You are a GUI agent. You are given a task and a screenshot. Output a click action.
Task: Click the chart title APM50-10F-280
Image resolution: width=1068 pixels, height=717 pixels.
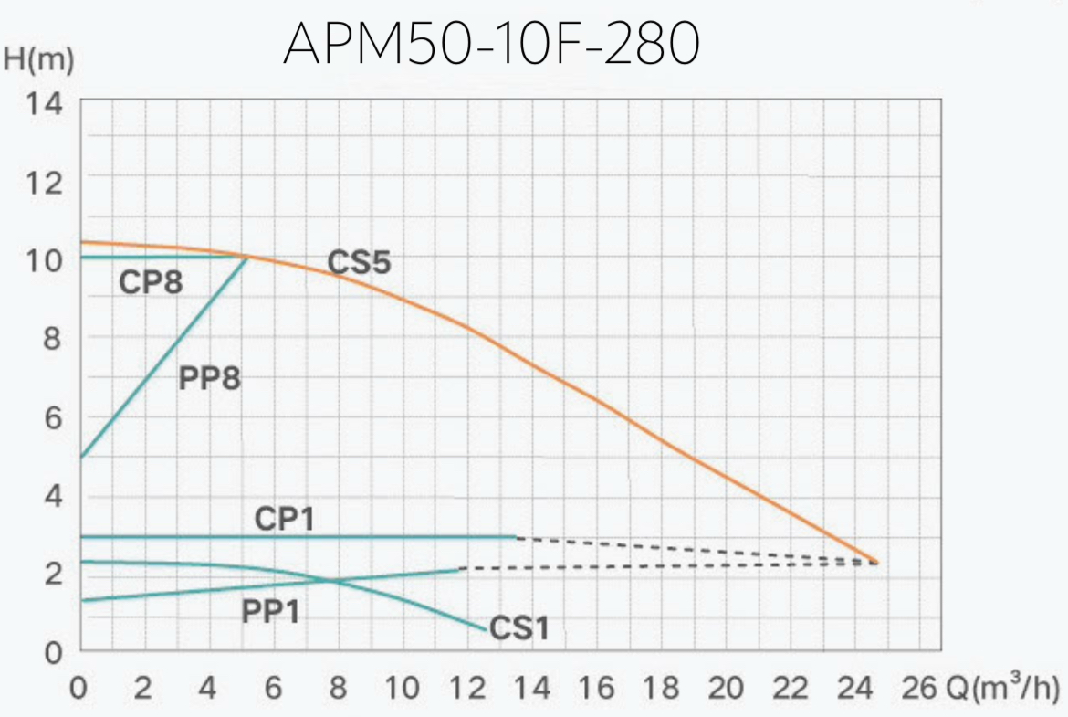[491, 44]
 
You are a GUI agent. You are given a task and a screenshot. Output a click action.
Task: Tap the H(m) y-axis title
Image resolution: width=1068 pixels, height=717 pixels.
[38, 59]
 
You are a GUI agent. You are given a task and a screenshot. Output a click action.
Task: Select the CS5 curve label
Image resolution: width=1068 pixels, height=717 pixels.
[359, 263]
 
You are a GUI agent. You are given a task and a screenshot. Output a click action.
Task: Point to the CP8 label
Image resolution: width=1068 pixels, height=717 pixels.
[151, 283]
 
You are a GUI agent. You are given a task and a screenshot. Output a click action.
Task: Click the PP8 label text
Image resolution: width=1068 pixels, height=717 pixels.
[209, 377]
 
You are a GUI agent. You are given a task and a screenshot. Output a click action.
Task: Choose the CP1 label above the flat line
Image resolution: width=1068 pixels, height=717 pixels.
[285, 519]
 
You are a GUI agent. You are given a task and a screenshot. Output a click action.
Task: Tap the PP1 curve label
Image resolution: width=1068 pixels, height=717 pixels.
[271, 611]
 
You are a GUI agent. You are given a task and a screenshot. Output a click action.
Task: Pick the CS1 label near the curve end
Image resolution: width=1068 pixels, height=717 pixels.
[518, 628]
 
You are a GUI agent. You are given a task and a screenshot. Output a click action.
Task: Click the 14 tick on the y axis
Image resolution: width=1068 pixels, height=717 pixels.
[45, 104]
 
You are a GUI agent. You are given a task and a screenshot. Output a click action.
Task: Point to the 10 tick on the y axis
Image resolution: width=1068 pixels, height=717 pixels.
[45, 260]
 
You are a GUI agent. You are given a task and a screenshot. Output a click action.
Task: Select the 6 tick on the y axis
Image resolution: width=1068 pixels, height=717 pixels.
[53, 417]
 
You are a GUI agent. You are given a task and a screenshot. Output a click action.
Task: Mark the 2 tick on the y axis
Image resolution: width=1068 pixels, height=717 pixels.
[53, 574]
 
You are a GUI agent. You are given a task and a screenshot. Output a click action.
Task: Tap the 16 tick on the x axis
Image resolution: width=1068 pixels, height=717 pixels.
[596, 688]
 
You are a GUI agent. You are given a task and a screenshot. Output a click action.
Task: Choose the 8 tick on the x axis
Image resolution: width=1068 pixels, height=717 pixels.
[338, 688]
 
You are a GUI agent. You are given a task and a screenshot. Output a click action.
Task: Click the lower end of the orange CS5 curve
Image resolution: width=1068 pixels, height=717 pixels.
[877, 562]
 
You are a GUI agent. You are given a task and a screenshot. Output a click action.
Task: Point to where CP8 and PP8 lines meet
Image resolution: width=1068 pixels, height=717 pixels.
[247, 257]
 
